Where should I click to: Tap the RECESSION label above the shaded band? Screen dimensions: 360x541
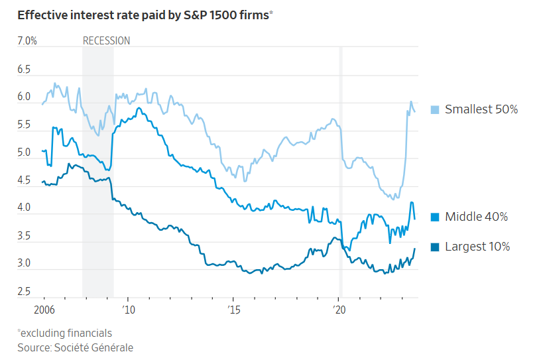[x=106, y=41]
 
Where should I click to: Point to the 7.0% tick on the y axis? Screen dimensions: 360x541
[x=27, y=41]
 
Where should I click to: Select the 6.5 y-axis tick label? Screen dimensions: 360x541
[x=24, y=69]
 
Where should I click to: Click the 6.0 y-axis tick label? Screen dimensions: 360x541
[x=24, y=97]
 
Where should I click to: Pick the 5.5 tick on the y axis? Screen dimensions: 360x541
[x=24, y=125]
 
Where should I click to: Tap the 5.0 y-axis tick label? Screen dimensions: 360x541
[x=24, y=152]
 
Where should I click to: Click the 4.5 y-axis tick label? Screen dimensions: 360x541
[x=24, y=180]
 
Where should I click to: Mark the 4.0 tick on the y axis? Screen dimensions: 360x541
[x=24, y=208]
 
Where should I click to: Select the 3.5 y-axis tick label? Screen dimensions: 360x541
[x=24, y=236]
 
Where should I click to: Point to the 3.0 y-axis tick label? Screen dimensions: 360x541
[x=24, y=264]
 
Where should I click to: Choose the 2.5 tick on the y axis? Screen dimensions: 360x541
[x=24, y=292]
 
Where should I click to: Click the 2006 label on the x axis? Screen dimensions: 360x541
[x=44, y=310]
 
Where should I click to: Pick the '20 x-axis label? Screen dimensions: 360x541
[x=337, y=310]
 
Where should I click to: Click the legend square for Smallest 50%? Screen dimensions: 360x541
[x=435, y=109]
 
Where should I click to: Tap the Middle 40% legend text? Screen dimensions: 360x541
[x=476, y=217]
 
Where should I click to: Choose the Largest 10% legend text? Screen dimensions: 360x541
[x=477, y=247]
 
